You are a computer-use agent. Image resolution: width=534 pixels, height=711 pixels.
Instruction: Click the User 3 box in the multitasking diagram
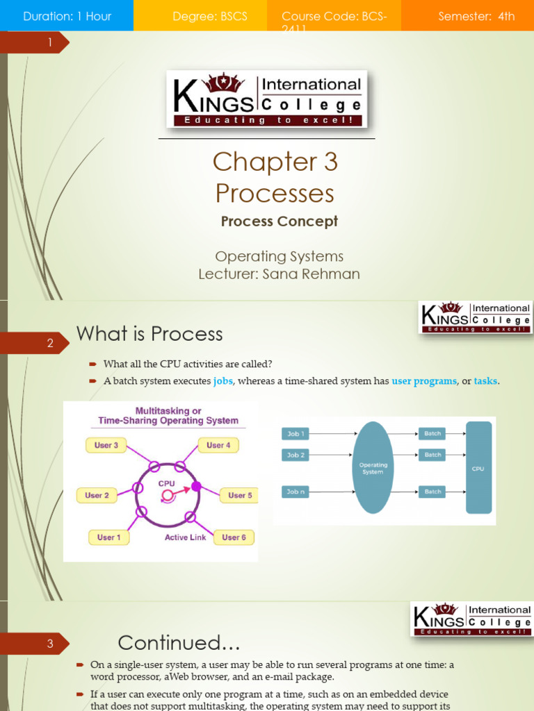106,445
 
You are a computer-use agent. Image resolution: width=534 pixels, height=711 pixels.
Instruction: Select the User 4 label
218,445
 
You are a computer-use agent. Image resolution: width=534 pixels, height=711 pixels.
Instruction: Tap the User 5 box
240,495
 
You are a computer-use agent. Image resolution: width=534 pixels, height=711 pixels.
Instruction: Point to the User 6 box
234,537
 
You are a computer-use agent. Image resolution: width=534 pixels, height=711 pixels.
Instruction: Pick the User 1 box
109,537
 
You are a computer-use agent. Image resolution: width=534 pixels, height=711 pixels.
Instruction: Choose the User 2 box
97,495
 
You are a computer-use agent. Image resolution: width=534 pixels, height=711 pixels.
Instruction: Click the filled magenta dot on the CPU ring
196,486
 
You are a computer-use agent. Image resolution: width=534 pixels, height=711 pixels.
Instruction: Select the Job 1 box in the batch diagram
297,434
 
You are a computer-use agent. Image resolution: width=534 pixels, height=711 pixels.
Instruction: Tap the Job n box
297,492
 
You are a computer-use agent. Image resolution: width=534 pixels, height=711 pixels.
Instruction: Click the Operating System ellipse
373,467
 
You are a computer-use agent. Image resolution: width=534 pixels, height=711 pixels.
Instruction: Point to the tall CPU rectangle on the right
478,467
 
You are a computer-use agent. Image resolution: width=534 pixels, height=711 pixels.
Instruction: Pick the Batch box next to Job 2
432,455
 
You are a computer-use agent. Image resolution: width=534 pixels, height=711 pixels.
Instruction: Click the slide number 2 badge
50,343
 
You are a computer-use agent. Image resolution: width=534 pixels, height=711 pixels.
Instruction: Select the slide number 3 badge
50,644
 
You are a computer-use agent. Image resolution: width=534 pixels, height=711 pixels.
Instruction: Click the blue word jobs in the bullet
222,380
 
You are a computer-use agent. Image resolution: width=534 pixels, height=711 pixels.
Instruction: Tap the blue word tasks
485,380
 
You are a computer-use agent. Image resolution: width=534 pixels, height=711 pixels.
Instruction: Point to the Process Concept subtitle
280,221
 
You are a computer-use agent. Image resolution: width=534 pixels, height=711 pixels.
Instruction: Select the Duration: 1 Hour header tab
67,16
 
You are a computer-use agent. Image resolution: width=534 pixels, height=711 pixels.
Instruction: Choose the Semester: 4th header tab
476,16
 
